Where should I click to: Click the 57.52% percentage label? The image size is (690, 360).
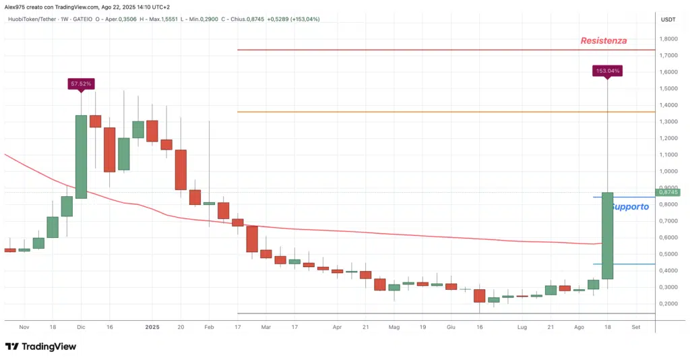[80, 84]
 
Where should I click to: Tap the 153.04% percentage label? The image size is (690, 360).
[607, 70]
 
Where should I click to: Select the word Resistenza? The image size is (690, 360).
[604, 40]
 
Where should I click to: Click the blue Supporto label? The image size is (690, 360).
[630, 207]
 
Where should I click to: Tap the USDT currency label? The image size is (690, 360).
[668, 19]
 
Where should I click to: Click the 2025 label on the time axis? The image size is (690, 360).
[152, 326]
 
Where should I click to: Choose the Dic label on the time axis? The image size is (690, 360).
[81, 326]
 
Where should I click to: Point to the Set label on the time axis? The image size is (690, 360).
[635, 326]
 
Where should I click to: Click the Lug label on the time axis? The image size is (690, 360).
[522, 326]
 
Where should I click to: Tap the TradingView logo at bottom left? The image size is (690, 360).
[40, 347]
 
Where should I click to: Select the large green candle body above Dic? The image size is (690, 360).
[81, 156]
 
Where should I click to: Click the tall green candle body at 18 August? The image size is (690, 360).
[607, 235]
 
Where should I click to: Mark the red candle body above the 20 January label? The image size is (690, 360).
[181, 170]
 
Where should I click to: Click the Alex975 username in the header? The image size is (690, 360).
[14, 7]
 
